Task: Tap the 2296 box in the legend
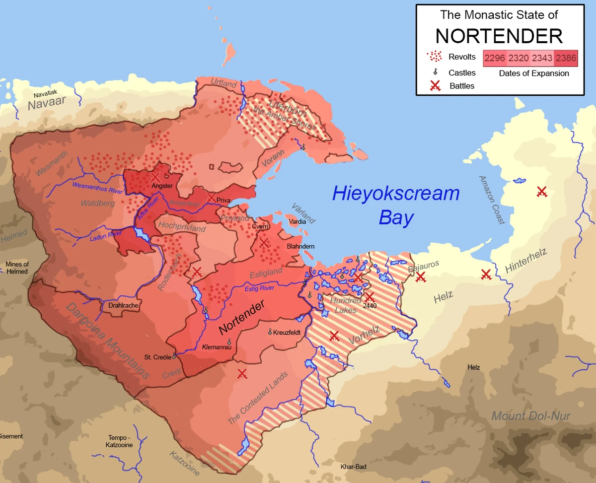[x=495, y=59]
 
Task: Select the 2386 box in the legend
[x=566, y=59]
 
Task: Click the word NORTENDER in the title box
[x=499, y=36]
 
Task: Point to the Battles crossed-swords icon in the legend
[x=435, y=86]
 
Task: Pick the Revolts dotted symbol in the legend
[x=435, y=56]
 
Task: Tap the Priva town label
[x=223, y=200]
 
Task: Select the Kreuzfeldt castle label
[x=287, y=332]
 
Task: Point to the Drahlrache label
[x=123, y=306]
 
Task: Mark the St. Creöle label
[x=157, y=357]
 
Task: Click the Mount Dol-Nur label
[x=531, y=416]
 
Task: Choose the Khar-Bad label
[x=353, y=467]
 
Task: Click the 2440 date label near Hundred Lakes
[x=370, y=306]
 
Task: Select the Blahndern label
[x=300, y=246]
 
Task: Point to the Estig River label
[x=259, y=288]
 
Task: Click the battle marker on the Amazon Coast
[x=542, y=191]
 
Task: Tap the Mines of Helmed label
[x=17, y=268]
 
